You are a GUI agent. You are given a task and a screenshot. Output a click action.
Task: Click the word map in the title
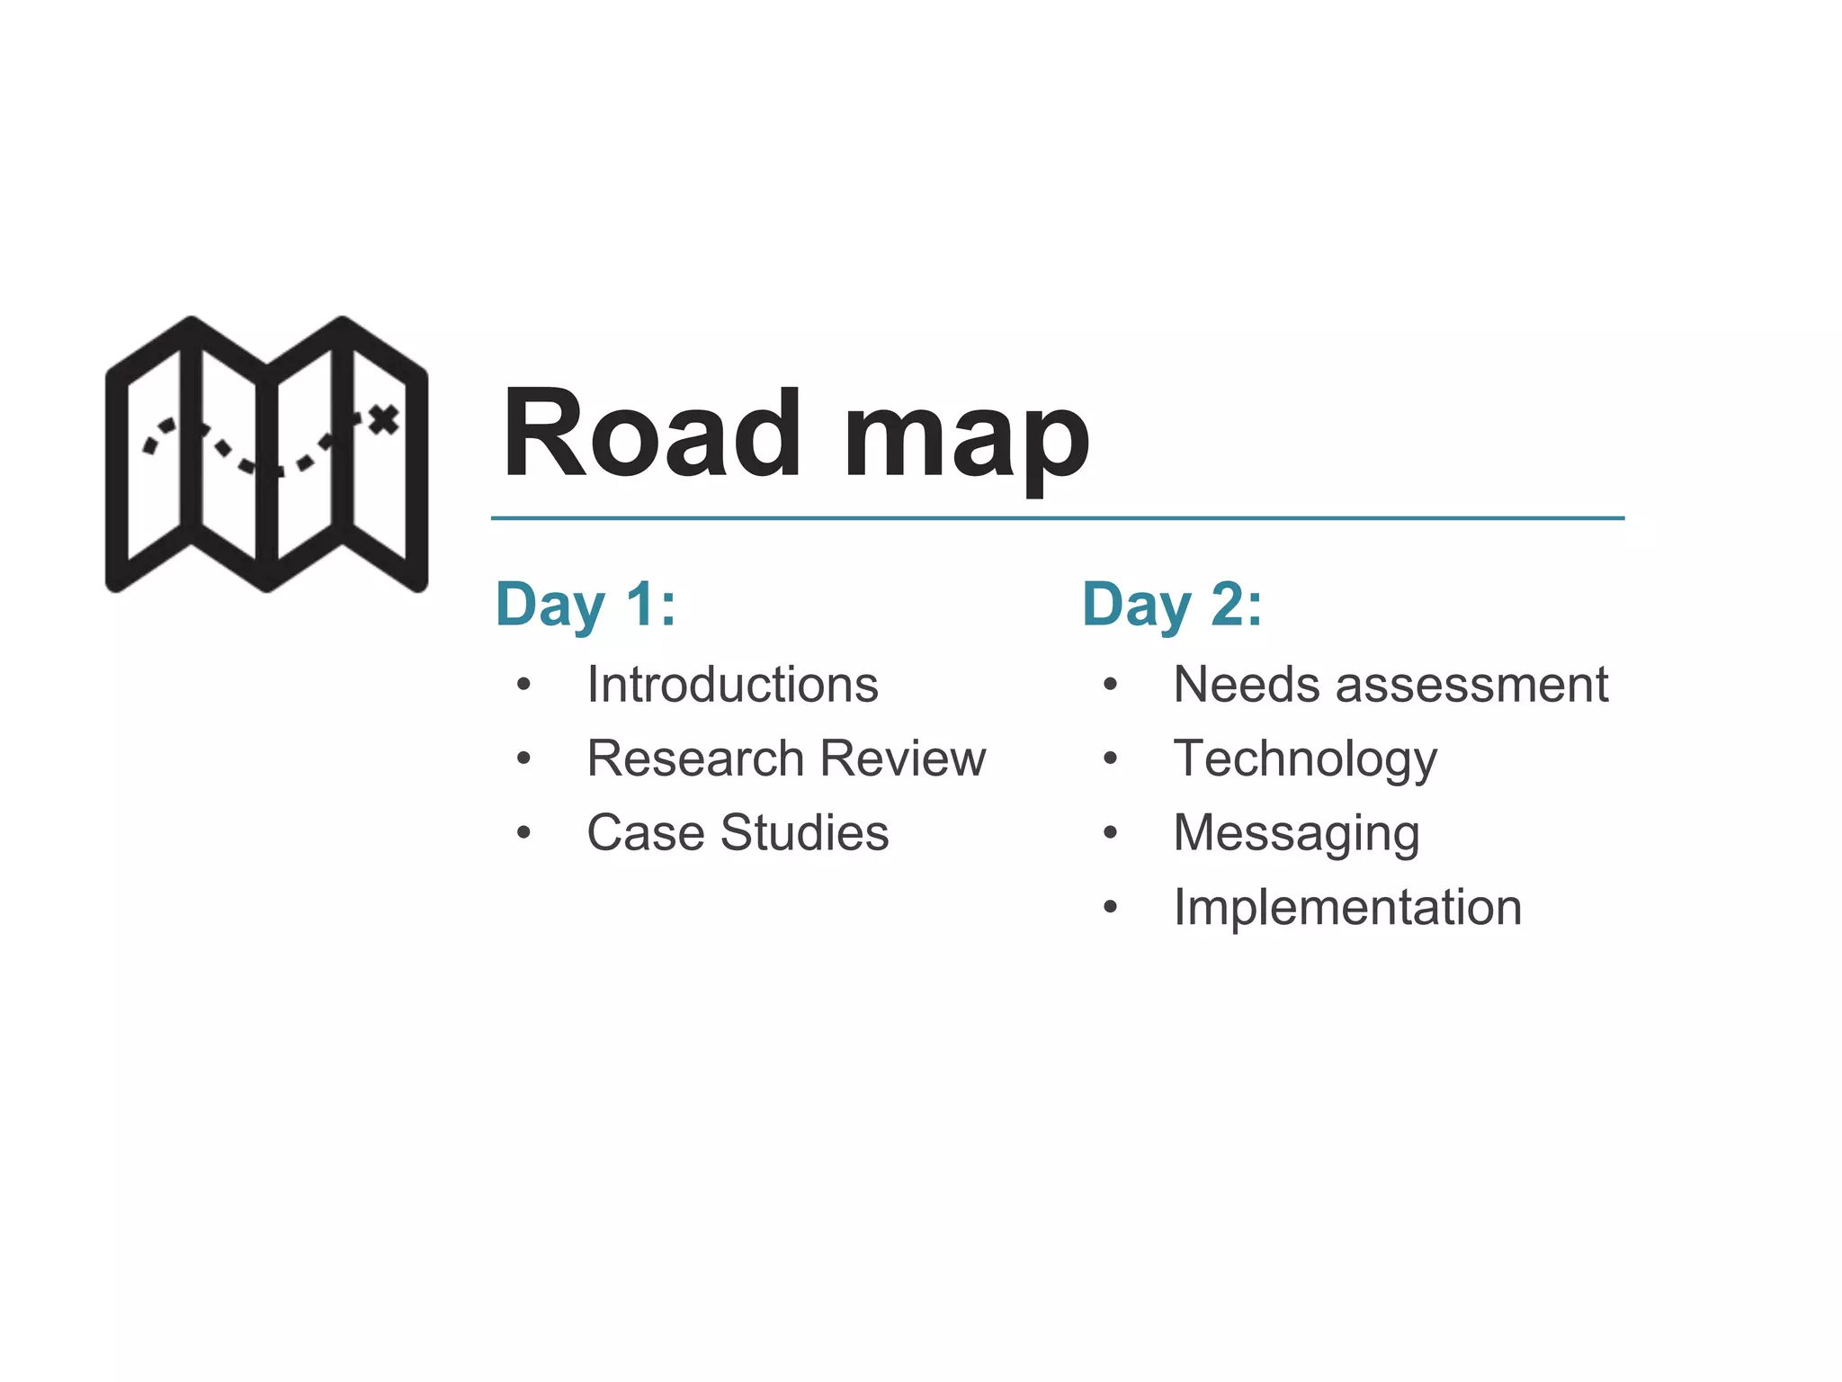[966, 441]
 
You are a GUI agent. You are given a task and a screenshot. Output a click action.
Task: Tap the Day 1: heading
[586, 605]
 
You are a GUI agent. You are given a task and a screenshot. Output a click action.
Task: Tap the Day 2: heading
[1172, 605]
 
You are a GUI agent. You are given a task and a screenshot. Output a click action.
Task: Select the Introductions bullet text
[732, 685]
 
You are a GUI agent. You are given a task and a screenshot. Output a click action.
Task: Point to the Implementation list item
[1347, 907]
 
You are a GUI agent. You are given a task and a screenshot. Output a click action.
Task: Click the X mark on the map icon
[384, 419]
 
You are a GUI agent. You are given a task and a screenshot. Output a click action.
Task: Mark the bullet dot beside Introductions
[524, 686]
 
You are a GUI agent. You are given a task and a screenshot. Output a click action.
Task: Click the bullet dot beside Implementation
[1111, 908]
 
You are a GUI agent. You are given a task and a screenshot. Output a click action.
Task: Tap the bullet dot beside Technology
[1111, 759]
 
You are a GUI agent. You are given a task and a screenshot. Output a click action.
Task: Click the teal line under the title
[1057, 518]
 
